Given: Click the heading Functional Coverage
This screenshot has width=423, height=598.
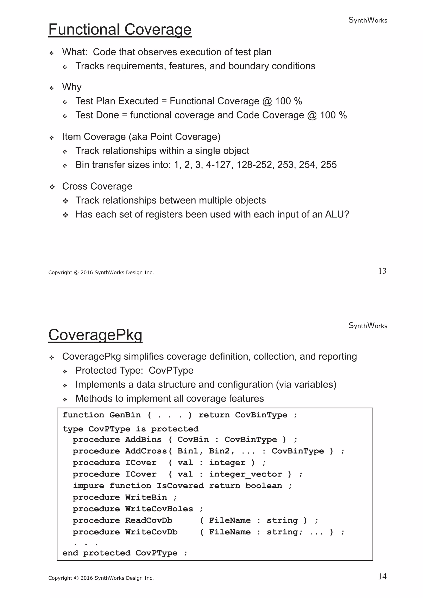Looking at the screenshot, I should pos(120,30).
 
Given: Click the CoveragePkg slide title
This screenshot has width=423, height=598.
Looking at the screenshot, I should pos(95,335).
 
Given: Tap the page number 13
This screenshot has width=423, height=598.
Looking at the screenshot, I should pos(382,271).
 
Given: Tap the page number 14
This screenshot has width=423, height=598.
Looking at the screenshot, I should pos(382,576).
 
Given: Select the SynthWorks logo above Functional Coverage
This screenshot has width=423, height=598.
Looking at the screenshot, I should pos(368,20).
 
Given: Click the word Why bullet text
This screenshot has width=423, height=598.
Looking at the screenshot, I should pos(72,87).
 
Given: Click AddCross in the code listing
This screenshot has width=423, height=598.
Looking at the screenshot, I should pos(146,451).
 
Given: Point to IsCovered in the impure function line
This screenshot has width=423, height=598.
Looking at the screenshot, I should pos(180,486).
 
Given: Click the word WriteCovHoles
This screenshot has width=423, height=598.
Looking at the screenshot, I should pos(159,509).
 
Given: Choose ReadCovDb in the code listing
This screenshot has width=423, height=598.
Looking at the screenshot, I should pos(149,520).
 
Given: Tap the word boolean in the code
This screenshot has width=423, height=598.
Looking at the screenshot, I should pos(264,486).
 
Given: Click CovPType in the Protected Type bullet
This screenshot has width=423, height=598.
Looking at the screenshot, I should pos(171,370).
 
